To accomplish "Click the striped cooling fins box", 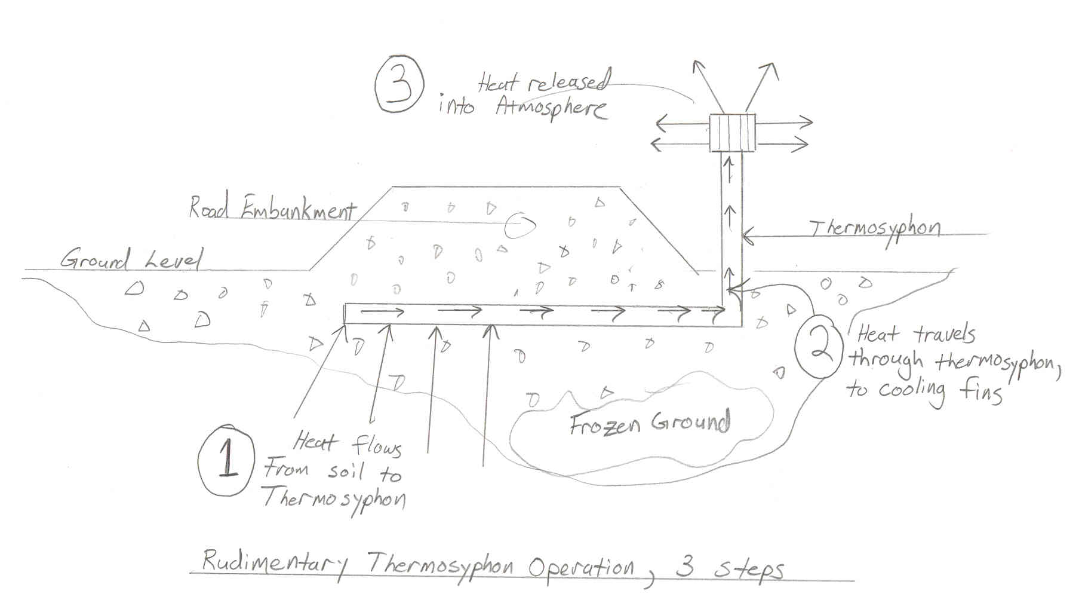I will point(733,133).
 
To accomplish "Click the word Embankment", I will point(299,210).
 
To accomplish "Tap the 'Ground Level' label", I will point(131,260).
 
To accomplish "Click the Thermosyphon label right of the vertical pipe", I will point(874,230).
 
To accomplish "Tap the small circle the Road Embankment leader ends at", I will point(520,225).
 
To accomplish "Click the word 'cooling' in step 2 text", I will point(911,390).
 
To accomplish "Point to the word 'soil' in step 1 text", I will point(346,472).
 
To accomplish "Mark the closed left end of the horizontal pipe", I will point(346,313).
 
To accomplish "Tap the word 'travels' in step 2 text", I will point(945,335).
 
